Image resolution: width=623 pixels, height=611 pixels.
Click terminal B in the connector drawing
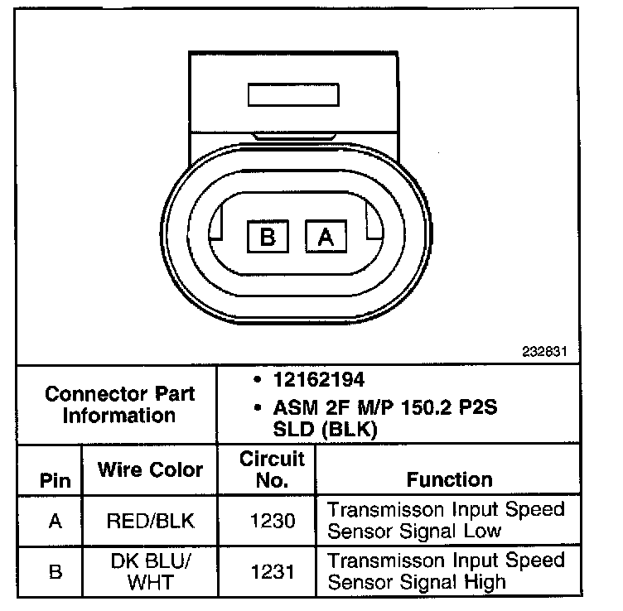pos(268,238)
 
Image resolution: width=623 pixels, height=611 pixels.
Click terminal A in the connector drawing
pos(326,238)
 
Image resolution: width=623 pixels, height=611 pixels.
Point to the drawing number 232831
pos(545,351)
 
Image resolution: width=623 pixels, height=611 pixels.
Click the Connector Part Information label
pos(118,403)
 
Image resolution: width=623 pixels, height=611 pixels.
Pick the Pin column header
pos(55,480)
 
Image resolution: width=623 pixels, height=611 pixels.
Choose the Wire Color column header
pos(150,469)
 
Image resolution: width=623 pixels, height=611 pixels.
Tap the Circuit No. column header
pos(272,469)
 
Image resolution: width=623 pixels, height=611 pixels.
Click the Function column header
pos(449,479)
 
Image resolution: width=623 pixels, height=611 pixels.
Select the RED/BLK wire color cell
pos(150,521)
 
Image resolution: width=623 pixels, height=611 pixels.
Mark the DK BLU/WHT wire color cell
pos(150,571)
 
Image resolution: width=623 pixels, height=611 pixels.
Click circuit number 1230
pos(271,521)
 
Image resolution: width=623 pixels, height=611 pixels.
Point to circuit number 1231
pos(271,571)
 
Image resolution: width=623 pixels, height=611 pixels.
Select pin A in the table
pos(55,521)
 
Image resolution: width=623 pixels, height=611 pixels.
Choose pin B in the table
pos(55,571)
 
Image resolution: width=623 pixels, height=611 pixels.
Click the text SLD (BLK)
pos(325,429)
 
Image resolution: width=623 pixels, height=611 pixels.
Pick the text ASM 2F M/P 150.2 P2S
pos(386,408)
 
